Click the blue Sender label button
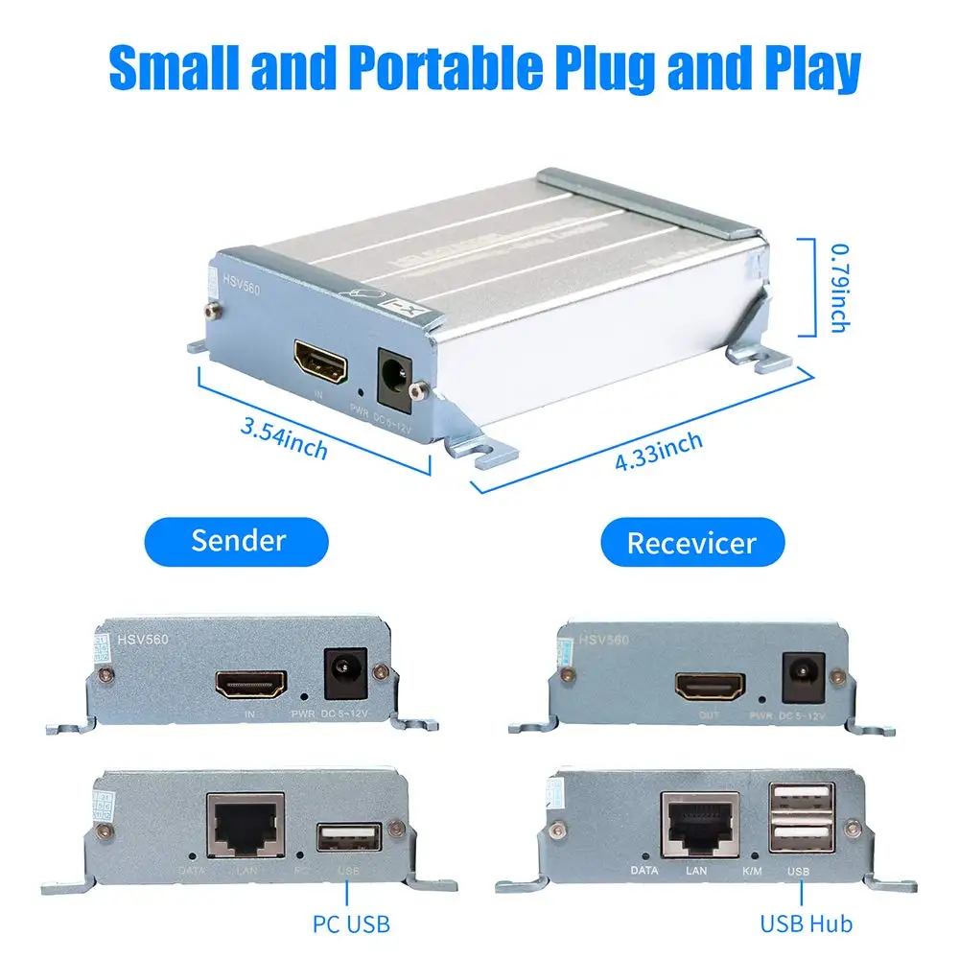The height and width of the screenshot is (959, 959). [x=238, y=540]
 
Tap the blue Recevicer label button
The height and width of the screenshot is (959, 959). [x=691, y=543]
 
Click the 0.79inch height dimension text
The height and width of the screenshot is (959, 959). [x=837, y=287]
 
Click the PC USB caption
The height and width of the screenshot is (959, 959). [x=351, y=924]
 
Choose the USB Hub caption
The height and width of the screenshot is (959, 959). [x=806, y=924]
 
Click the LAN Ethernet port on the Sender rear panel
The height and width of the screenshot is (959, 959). [x=246, y=825]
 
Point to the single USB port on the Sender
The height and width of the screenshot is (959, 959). [x=348, y=838]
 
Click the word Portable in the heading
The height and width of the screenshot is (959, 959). [x=435, y=68]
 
